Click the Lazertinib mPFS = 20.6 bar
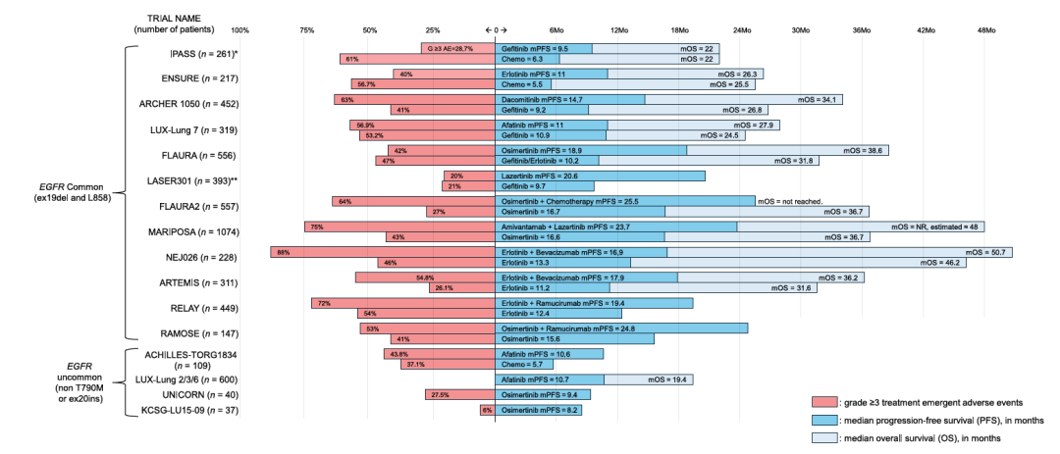pyautogui.click(x=600, y=176)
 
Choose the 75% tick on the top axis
pyautogui.click(x=307, y=30)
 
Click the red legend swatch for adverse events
pyautogui.click(x=824, y=403)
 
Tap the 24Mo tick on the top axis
pyautogui.click(x=740, y=30)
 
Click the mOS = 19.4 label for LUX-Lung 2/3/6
pyautogui.click(x=661, y=379)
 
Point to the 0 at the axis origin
pyautogui.click(x=496, y=30)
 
